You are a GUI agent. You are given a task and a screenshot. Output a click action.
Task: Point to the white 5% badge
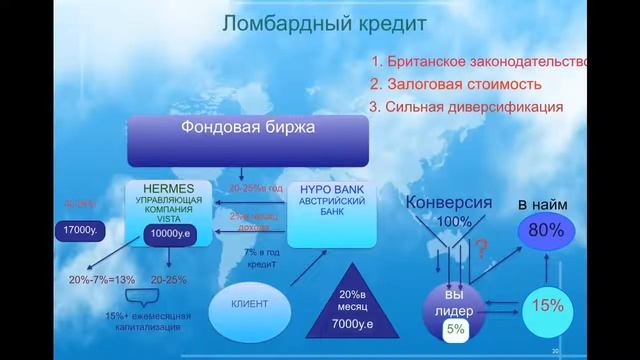click(455, 328)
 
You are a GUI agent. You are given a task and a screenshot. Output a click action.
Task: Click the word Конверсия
click(449, 202)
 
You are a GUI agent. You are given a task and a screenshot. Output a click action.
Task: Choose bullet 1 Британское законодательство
click(477, 62)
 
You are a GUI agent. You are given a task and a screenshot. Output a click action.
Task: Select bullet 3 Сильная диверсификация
click(466, 106)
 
